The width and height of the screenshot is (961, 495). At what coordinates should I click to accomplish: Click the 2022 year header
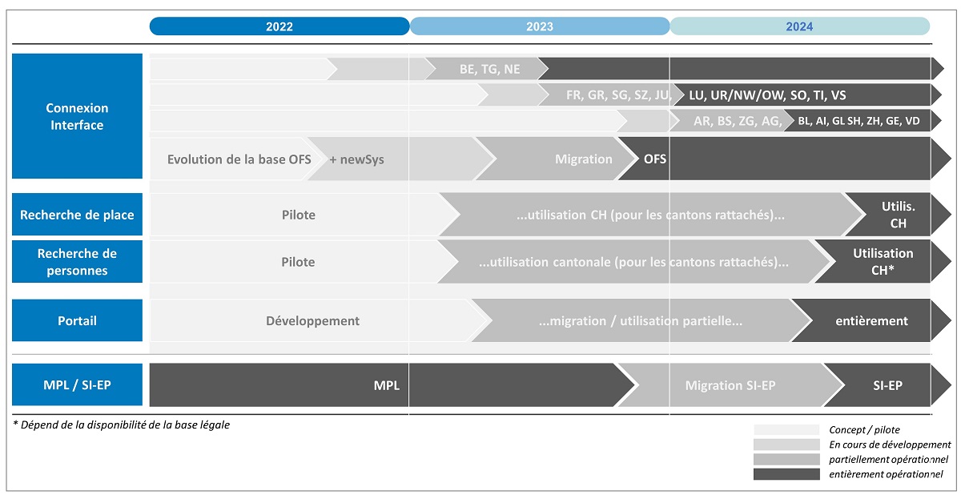[x=279, y=26]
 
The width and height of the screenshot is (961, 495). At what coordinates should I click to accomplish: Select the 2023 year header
[x=540, y=26]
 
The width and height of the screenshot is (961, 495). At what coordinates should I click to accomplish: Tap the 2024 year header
[x=800, y=26]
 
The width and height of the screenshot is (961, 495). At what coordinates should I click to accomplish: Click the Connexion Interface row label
[x=77, y=116]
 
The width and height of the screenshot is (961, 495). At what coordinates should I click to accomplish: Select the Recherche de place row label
[x=77, y=215]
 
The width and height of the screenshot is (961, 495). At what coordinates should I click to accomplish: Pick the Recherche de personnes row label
[x=77, y=262]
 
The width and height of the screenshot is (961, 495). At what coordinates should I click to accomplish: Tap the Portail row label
[x=77, y=320]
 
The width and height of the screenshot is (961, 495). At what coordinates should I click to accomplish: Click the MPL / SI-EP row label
[x=77, y=384]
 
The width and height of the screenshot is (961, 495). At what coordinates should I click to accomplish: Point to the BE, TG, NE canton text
[x=489, y=69]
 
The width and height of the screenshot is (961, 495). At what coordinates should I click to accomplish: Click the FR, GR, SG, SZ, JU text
[x=618, y=95]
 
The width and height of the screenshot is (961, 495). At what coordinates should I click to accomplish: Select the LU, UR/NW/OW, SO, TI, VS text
[x=767, y=95]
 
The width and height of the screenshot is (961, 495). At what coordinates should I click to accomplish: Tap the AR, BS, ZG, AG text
[x=738, y=121]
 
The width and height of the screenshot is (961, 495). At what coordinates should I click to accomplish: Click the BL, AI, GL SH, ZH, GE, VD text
[x=858, y=121]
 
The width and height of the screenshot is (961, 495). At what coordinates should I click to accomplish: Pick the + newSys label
[x=356, y=159]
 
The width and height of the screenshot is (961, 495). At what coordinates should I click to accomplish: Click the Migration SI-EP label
[x=730, y=385]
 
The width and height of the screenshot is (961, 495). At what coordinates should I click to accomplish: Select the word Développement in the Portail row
[x=313, y=321]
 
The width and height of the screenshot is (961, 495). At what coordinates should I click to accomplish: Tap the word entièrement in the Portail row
[x=871, y=321]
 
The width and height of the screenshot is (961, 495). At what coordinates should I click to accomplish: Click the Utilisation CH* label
[x=883, y=262]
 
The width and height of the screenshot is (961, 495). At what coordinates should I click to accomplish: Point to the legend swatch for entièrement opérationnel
[x=786, y=474]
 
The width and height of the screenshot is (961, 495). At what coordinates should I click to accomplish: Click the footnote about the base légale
[x=122, y=425]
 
